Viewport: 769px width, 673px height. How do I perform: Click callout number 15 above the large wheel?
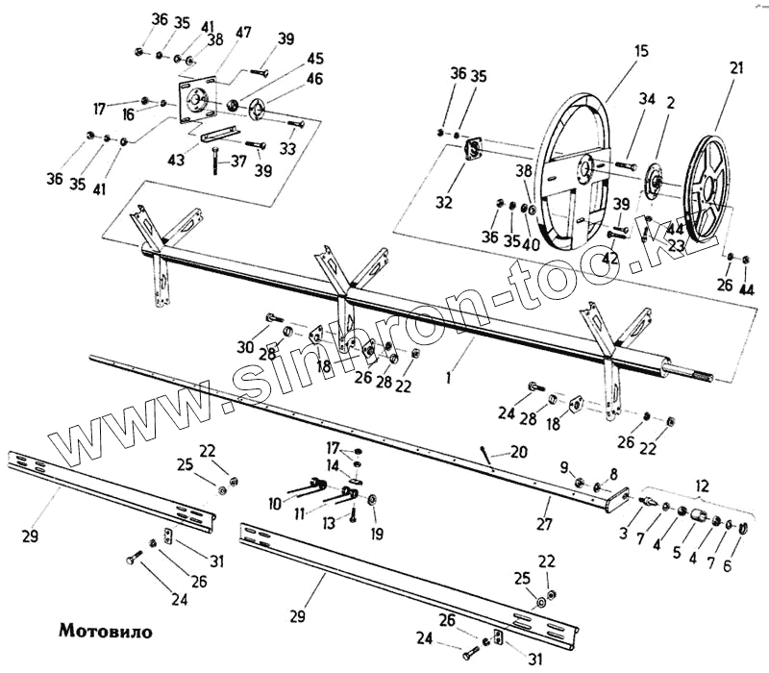point(641,51)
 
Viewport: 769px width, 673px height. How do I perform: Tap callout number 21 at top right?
point(736,68)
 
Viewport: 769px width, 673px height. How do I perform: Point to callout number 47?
point(243,32)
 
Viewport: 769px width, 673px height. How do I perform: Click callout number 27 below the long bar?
point(544,525)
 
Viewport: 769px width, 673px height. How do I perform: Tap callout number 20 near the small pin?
point(519,450)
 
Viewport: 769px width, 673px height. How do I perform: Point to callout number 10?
point(275,503)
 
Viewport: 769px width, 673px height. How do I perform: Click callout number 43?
point(176,160)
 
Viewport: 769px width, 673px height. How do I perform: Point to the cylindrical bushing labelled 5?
point(695,519)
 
